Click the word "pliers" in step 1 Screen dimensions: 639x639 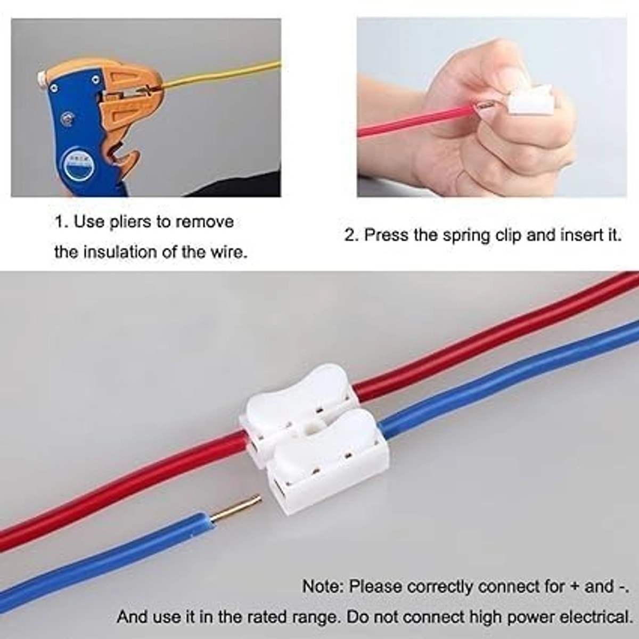coord(130,222)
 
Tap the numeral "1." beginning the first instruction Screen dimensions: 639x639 coord(61,222)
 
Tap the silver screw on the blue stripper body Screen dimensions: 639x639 coord(68,118)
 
